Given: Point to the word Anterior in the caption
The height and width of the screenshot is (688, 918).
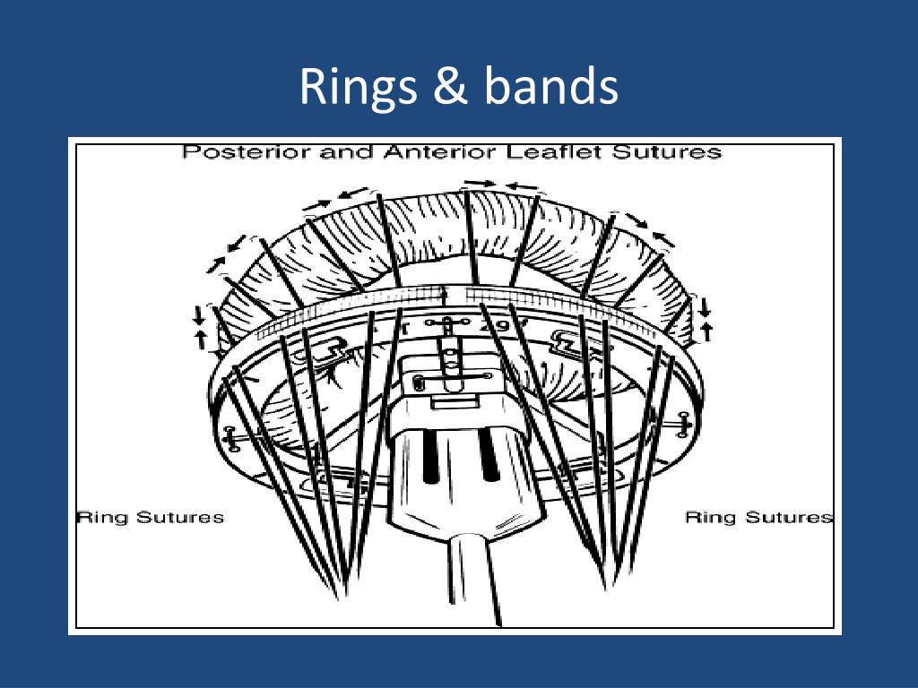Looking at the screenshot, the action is pyautogui.click(x=441, y=152).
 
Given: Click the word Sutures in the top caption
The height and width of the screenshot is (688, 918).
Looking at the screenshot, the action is pyautogui.click(x=666, y=152).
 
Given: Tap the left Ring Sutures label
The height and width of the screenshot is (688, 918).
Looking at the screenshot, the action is pyautogui.click(x=151, y=517).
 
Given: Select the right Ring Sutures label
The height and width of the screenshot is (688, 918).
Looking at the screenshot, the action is pyautogui.click(x=758, y=517).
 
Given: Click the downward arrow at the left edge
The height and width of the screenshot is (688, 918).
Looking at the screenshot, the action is pyautogui.click(x=199, y=314).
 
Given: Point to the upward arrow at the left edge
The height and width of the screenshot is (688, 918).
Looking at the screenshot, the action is pyautogui.click(x=201, y=340).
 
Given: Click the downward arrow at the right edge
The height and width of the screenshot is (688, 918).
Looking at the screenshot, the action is pyautogui.click(x=705, y=306).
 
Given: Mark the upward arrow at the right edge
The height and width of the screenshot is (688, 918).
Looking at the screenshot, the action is pyautogui.click(x=706, y=331).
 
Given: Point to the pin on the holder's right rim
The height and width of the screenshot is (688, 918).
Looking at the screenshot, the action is pyautogui.click(x=682, y=424).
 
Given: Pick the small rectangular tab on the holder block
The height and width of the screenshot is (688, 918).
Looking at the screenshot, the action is pyautogui.click(x=455, y=403).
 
